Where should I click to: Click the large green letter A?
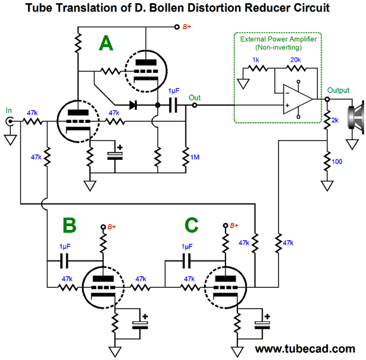[106, 43]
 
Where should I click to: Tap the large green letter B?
[69, 225]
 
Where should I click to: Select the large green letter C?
[192, 225]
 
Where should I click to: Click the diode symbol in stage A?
[133, 105]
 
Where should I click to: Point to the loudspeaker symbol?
[356, 117]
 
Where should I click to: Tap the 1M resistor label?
[194, 157]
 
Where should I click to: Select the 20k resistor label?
[296, 60]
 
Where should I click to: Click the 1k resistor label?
[256, 60]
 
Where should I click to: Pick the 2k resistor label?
[335, 120]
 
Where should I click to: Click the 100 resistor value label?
[337, 162]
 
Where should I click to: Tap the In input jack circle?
[9, 121]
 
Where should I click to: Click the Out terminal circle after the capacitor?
[194, 105]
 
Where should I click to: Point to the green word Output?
[338, 90]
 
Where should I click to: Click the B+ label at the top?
[187, 27]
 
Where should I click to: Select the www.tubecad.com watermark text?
[305, 349]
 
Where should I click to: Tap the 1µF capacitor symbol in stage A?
[173, 105]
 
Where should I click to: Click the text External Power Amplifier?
[279, 39]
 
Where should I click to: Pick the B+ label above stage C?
[234, 226]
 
